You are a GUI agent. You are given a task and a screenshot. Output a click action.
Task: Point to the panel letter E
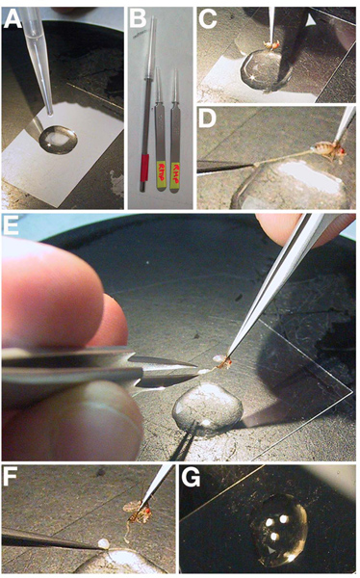coord(11,224)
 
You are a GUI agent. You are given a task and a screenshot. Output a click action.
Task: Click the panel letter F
coord(10,478)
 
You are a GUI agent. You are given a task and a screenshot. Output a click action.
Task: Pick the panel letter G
coord(191,478)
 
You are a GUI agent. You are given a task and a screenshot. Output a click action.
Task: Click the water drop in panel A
coord(58,140)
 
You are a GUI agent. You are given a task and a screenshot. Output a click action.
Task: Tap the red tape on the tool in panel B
coord(144,168)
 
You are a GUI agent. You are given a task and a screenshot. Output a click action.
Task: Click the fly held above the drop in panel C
coord(272,45)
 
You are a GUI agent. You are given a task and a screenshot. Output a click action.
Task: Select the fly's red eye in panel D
coord(344,151)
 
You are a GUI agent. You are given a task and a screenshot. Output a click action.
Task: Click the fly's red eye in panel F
coord(148,512)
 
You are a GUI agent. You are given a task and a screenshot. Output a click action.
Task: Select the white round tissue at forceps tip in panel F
coord(104,543)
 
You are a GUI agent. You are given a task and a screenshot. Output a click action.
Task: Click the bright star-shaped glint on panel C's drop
coord(253,78)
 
